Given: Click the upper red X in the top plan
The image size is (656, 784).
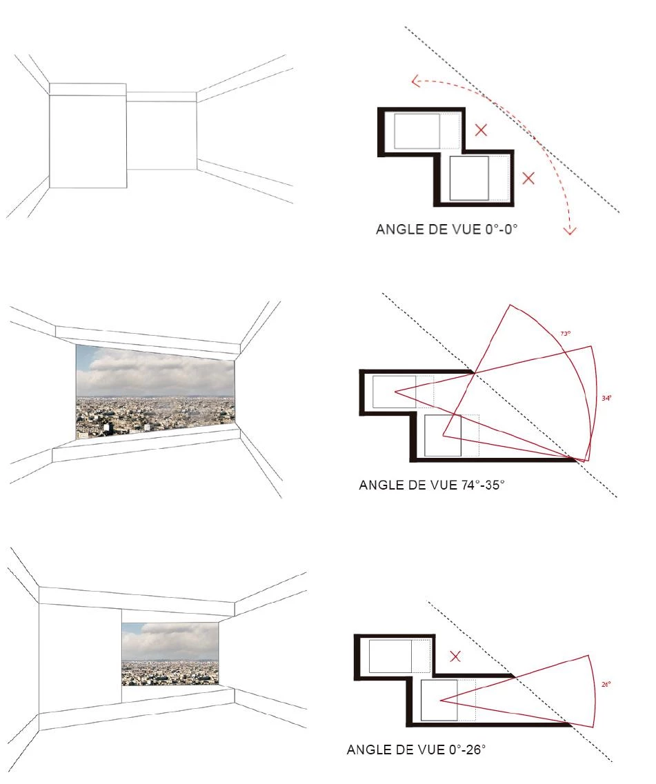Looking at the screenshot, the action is [x=481, y=130].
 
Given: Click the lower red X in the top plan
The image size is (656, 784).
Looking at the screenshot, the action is [x=528, y=178].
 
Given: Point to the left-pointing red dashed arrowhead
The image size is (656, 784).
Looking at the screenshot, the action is [x=416, y=81].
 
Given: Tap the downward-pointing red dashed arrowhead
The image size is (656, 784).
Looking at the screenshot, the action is [x=570, y=230].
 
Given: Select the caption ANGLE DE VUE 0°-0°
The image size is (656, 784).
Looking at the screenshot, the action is [x=446, y=230].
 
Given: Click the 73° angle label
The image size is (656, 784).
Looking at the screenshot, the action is [x=565, y=334].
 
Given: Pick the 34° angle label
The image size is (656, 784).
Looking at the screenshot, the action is [x=606, y=399].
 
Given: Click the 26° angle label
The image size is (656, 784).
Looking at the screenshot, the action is [x=606, y=685].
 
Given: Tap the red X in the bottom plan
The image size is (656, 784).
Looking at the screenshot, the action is [x=455, y=656].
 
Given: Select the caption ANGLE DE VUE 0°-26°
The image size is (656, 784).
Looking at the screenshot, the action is [x=416, y=750].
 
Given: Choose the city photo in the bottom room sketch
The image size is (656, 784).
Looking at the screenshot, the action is [x=170, y=654].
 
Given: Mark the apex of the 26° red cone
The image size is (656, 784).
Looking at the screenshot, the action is [x=440, y=701].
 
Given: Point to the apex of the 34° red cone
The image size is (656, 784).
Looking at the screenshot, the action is [x=395, y=392].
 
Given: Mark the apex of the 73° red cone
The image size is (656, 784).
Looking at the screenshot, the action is [x=444, y=436].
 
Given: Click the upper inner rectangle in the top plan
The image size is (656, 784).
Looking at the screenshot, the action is [x=417, y=131].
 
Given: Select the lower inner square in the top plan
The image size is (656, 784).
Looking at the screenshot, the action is [x=469, y=179].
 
